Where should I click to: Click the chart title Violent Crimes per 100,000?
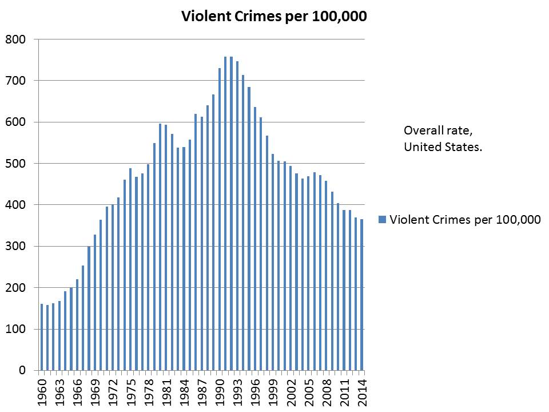tap(274, 17)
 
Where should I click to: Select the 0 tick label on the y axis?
tap(21, 371)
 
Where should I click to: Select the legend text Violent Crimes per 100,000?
tap(465, 219)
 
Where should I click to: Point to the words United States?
tap(443, 147)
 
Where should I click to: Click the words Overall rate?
tap(437, 129)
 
